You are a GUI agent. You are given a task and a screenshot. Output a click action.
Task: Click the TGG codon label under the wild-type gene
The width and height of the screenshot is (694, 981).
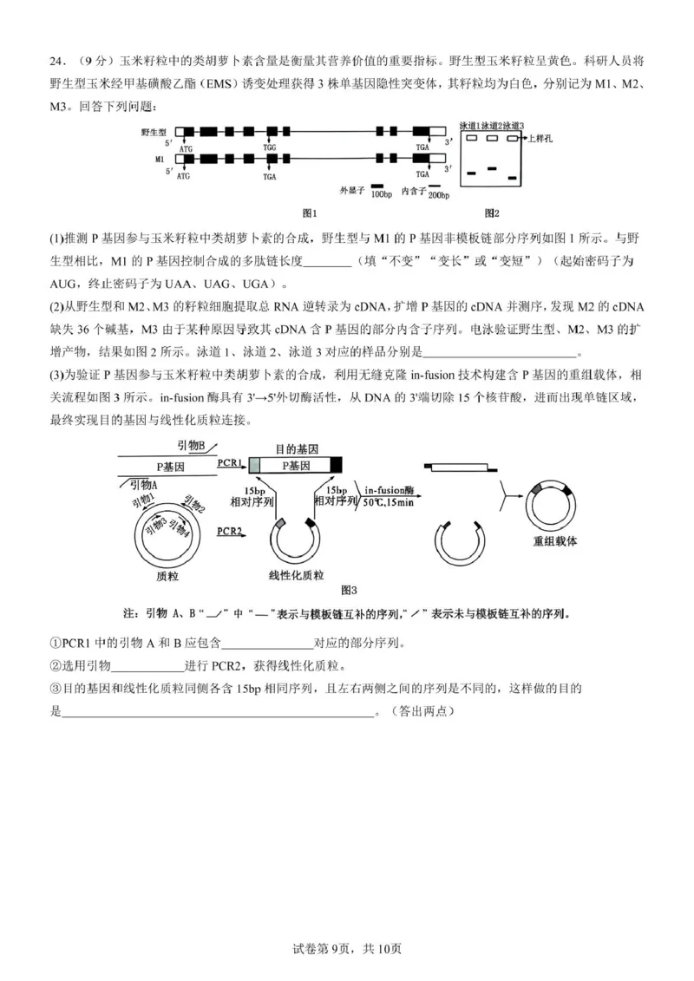coord(271,148)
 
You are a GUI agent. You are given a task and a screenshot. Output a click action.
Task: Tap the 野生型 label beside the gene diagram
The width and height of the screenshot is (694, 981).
coord(153,130)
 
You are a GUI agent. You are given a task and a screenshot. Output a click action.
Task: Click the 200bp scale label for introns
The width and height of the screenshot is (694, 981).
coord(438,194)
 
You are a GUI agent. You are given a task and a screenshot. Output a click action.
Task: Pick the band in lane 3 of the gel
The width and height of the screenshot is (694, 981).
coord(514,177)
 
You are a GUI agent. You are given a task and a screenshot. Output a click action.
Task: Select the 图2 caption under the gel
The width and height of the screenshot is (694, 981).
coord(492,213)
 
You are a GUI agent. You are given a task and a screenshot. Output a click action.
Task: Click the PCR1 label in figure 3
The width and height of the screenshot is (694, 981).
coord(229,463)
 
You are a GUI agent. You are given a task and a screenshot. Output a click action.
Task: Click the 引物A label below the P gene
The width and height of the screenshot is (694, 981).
coord(143,485)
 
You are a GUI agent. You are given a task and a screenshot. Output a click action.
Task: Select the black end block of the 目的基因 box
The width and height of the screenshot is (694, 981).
coord(336,464)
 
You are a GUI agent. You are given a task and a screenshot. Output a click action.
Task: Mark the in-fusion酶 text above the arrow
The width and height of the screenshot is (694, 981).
coord(389,489)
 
